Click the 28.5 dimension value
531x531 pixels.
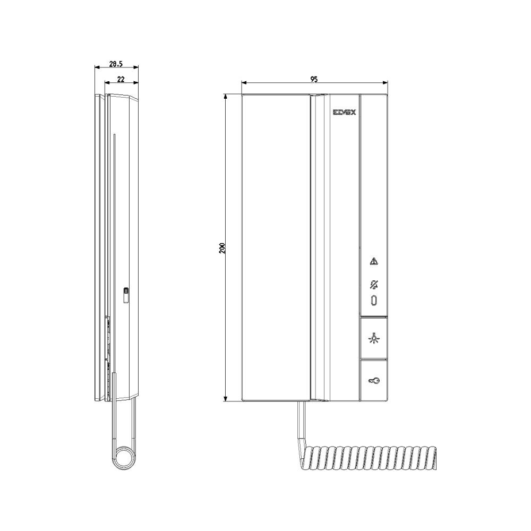(x=116, y=63)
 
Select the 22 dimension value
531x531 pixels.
(x=121, y=79)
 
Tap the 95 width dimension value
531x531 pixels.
(x=314, y=79)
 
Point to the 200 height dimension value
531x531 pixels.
(x=222, y=247)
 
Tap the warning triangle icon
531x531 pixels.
(x=374, y=261)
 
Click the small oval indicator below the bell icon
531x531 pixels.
(x=374, y=301)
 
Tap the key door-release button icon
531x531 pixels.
(x=374, y=380)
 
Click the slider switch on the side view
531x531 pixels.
(x=126, y=294)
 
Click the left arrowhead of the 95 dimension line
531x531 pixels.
(x=243, y=83)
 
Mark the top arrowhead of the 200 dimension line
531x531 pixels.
(x=226, y=97)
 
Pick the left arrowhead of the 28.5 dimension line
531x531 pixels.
(x=96, y=67)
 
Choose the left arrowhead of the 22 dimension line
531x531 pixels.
(x=106, y=83)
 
